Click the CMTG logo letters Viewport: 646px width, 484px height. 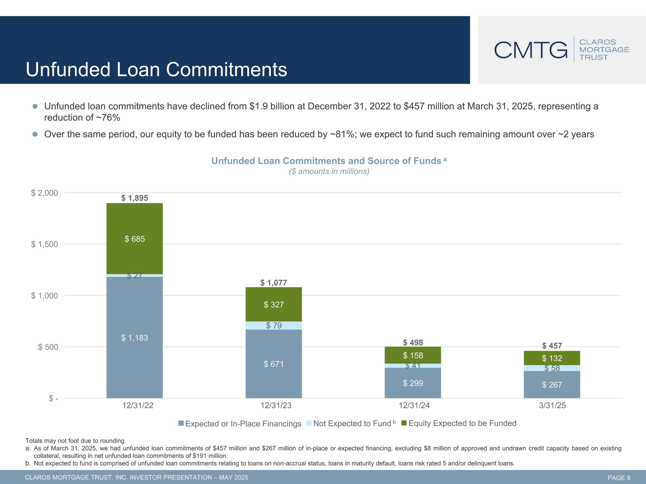click(531, 50)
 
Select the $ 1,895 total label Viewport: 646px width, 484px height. click(135, 198)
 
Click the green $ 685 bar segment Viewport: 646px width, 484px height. click(135, 239)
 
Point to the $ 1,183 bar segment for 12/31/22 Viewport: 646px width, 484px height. click(135, 338)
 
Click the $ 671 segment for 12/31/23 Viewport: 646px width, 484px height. click(274, 364)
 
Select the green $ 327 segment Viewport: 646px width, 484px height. click(274, 305)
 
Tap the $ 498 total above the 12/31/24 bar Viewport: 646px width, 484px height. click(413, 342)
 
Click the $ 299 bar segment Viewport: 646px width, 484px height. click(413, 383)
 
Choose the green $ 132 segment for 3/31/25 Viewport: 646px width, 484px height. click(552, 358)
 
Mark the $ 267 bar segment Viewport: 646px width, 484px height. click(552, 385)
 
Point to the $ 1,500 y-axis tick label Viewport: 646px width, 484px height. click(45, 244)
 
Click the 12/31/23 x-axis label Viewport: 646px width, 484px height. click(276, 405)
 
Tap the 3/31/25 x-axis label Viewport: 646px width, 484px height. click(552, 405)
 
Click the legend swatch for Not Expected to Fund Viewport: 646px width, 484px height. click(309, 423)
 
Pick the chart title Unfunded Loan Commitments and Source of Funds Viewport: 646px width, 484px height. click(326, 161)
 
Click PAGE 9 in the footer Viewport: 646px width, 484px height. click(619, 478)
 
